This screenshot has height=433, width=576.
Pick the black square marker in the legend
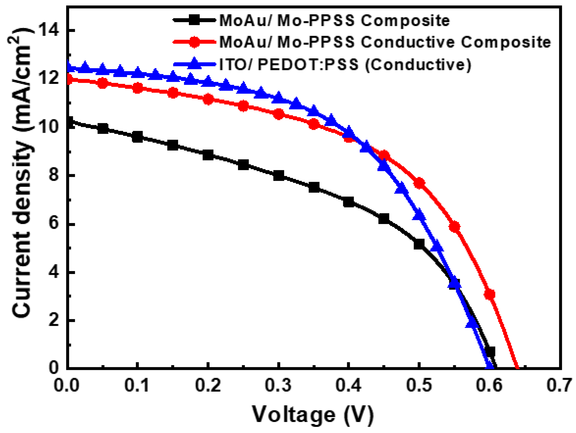tap(194, 20)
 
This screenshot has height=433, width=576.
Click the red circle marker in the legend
tap(194, 42)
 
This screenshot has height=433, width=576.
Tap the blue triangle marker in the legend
tap(194, 63)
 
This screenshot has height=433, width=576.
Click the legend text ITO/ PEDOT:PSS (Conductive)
tap(345, 64)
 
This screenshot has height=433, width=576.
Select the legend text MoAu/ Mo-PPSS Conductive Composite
tap(385, 42)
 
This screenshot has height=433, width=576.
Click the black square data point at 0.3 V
tap(279, 176)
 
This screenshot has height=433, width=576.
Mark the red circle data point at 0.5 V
tap(419, 183)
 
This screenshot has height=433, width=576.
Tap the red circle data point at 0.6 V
tap(490, 294)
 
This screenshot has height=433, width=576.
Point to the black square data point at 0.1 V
tap(138, 137)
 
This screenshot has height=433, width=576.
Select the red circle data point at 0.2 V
tap(208, 99)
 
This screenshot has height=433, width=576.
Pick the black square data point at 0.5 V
tap(419, 244)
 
